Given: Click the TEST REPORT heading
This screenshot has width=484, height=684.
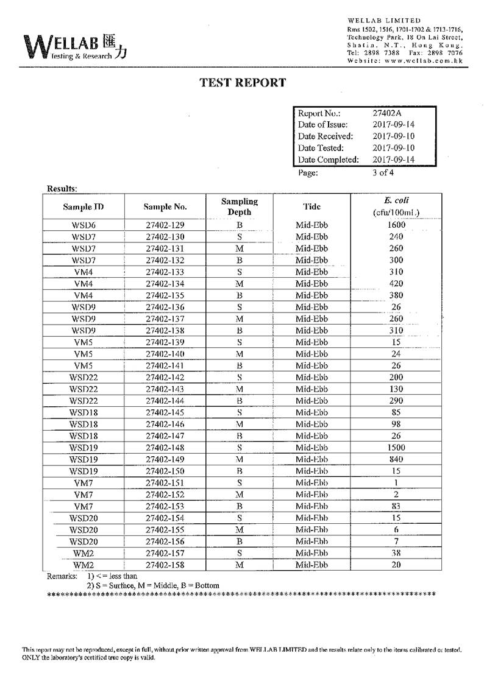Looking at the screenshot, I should (243, 83).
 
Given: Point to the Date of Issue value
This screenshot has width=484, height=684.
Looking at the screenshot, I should (393, 125).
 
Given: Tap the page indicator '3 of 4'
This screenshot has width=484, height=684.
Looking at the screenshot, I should (383, 172).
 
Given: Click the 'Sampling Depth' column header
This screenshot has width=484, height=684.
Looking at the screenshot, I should (240, 206).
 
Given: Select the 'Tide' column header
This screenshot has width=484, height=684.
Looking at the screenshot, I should (311, 206).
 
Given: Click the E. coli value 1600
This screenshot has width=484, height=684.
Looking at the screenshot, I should (396, 225).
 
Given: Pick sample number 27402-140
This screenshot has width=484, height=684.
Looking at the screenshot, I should (165, 354).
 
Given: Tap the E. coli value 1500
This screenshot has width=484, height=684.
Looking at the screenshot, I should (396, 448).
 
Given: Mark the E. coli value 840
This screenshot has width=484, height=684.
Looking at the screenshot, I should (396, 459).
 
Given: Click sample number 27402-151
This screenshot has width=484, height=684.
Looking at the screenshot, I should (165, 483).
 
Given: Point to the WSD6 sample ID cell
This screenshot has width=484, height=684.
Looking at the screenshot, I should (83, 225).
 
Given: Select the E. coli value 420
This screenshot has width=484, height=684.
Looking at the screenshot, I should (396, 283).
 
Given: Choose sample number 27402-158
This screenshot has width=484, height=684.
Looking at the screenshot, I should (165, 565).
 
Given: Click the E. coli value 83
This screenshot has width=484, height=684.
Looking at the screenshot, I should (396, 506).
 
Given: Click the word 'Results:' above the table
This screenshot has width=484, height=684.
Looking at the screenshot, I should (62, 189).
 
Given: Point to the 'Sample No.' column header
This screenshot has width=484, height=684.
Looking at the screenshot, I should (165, 206).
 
